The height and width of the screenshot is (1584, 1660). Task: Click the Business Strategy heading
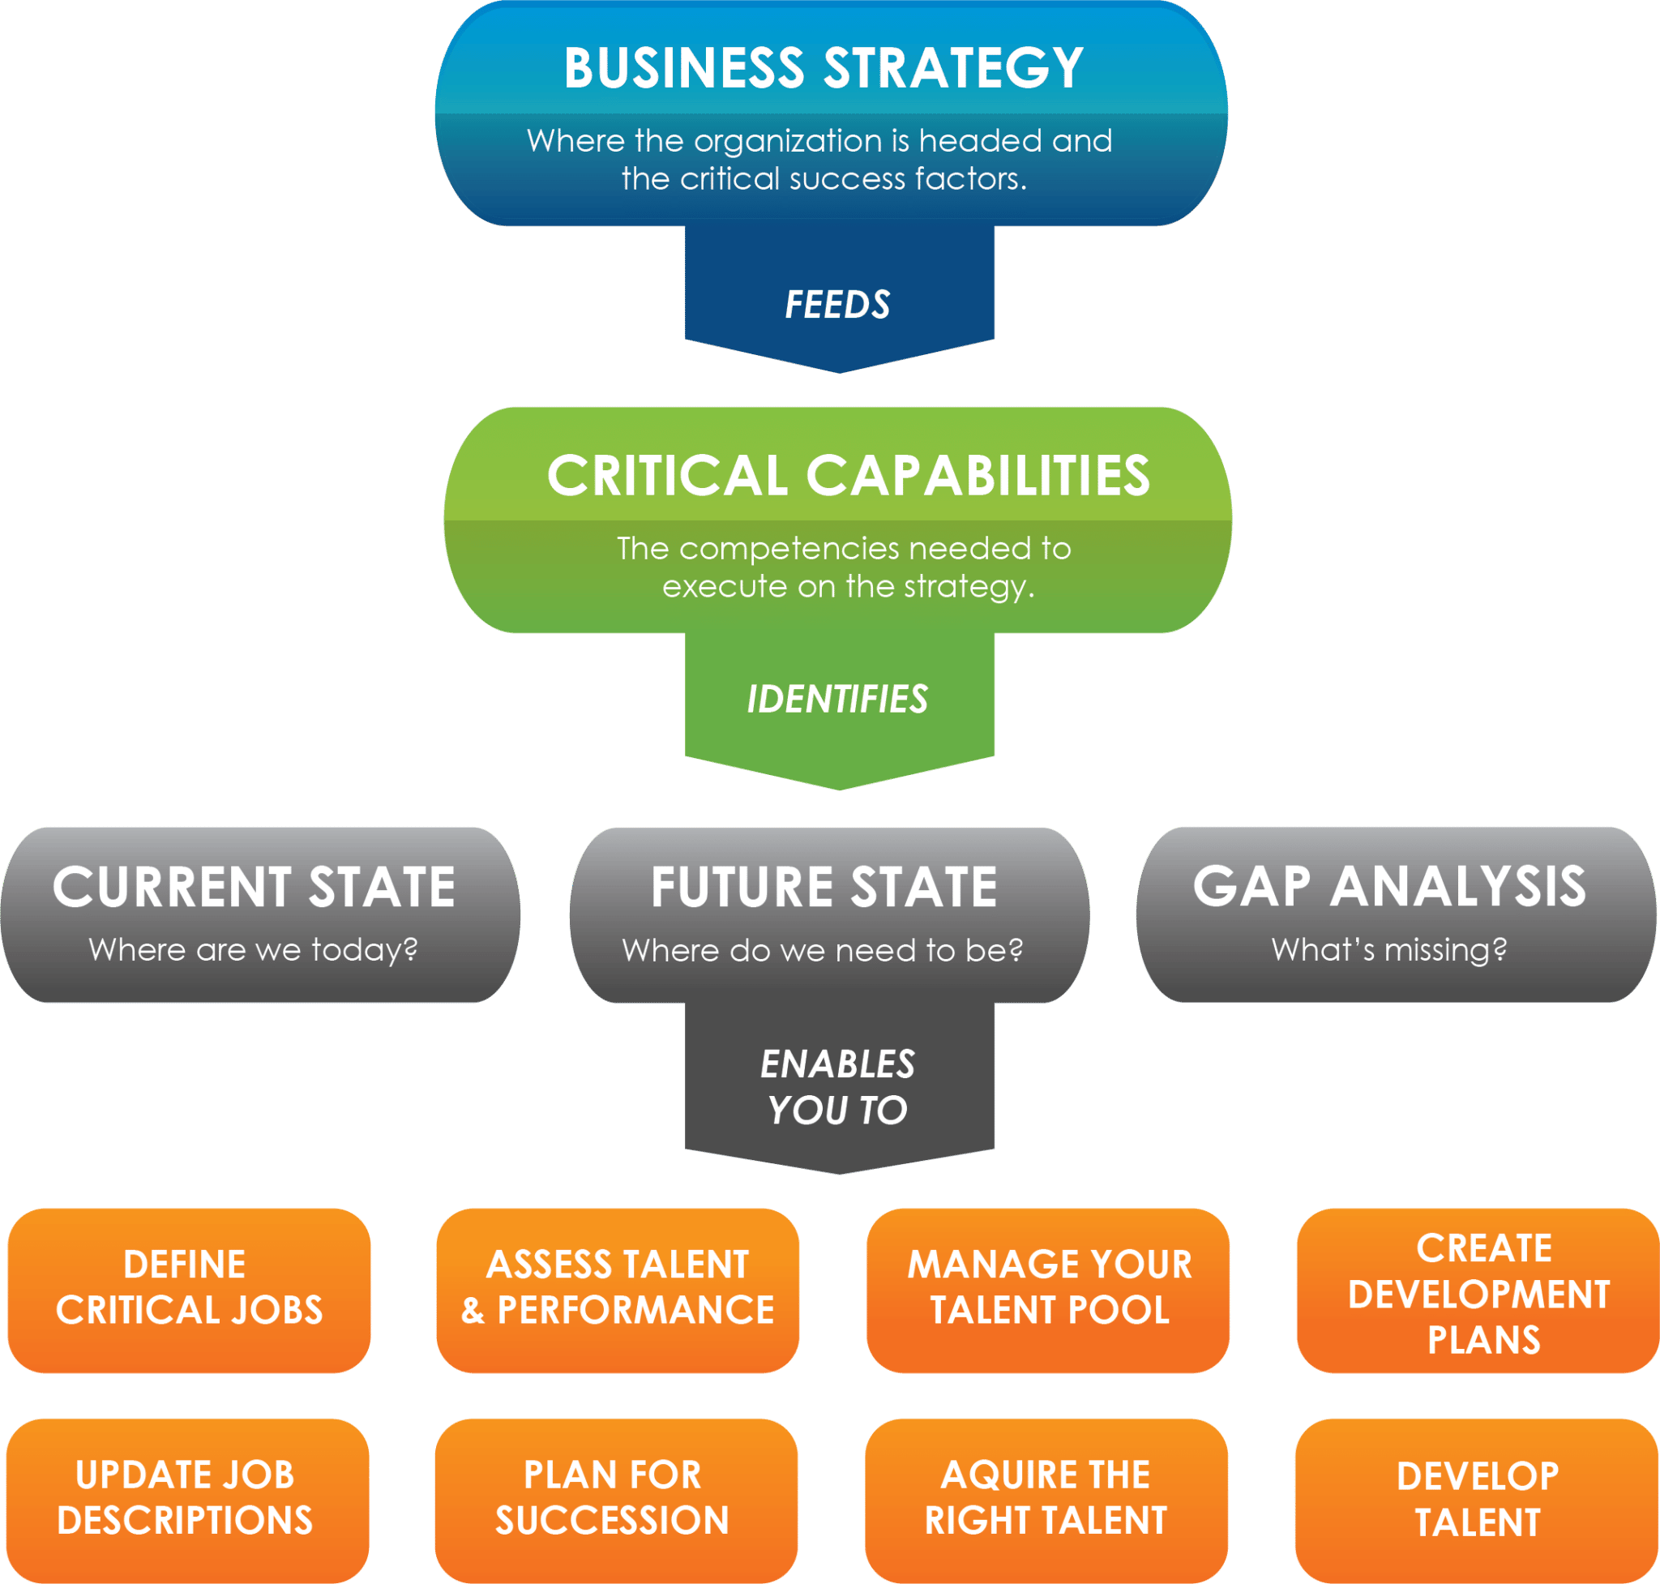tap(824, 67)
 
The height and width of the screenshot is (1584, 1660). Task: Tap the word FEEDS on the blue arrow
tap(837, 304)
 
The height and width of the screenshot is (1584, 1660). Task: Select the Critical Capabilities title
tap(848, 475)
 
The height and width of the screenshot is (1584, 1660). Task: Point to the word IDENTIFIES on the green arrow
tap(837, 699)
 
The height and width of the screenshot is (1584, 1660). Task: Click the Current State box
tap(260, 914)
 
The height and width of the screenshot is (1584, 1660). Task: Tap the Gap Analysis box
tap(1397, 914)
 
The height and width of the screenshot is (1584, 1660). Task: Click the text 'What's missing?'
tap(1389, 950)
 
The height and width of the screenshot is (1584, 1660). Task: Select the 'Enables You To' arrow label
tap(837, 1087)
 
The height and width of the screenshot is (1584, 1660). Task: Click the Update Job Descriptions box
tap(187, 1501)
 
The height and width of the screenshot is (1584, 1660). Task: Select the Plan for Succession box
tap(616, 1501)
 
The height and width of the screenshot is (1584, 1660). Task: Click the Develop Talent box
tap(1477, 1501)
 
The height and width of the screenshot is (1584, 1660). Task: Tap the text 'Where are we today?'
tap(254, 950)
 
